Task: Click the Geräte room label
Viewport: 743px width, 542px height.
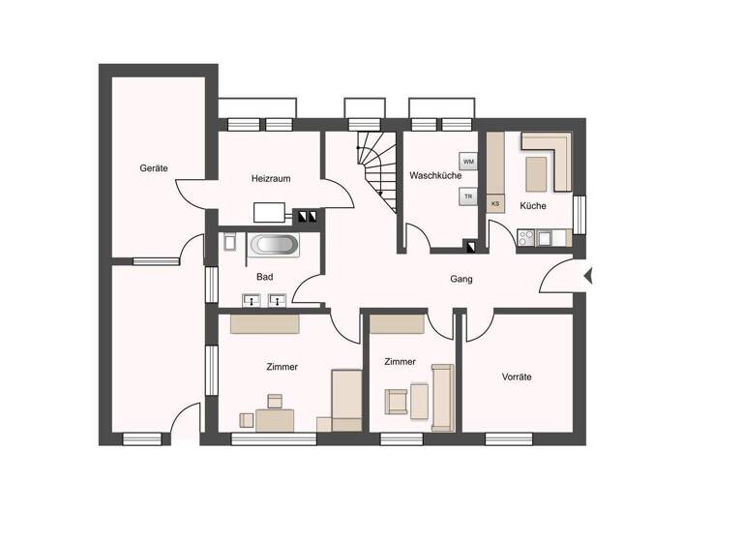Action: tap(154, 168)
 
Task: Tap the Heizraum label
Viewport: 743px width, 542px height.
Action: tap(271, 179)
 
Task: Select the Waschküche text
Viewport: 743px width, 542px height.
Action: tap(434, 176)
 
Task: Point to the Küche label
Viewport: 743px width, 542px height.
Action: tap(532, 206)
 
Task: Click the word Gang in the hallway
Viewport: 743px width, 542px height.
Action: tap(461, 279)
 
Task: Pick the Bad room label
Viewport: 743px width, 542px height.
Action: tap(264, 277)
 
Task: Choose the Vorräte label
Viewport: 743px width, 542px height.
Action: tap(517, 376)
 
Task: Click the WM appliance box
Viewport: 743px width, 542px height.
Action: tap(468, 162)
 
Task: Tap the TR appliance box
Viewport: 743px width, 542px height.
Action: tap(468, 196)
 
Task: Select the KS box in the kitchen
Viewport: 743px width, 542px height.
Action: tap(495, 204)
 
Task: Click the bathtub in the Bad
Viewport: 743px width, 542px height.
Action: tap(275, 245)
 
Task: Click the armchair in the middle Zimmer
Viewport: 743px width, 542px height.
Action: tap(397, 401)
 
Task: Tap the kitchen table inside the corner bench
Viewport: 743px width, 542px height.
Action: tap(537, 173)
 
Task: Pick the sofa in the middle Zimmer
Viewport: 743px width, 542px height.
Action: tap(443, 397)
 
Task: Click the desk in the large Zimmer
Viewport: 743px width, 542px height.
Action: tap(275, 419)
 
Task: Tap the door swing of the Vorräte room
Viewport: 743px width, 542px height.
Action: tap(479, 327)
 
